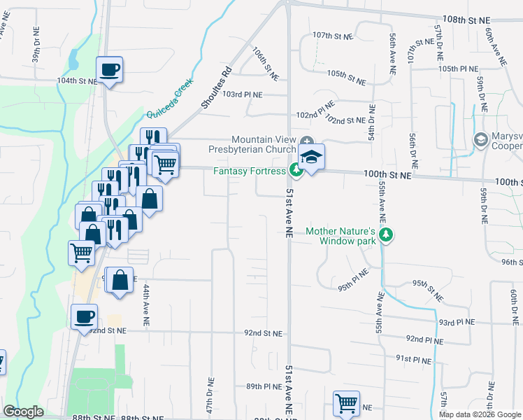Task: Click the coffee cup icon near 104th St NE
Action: click(109, 70)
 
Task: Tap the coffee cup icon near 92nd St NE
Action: click(84, 316)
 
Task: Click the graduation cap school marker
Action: click(312, 157)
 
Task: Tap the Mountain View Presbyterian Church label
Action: click(254, 144)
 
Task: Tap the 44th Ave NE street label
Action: click(146, 298)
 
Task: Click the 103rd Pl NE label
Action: click(243, 94)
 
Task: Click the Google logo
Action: click(23, 412)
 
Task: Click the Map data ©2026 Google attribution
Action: click(480, 414)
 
